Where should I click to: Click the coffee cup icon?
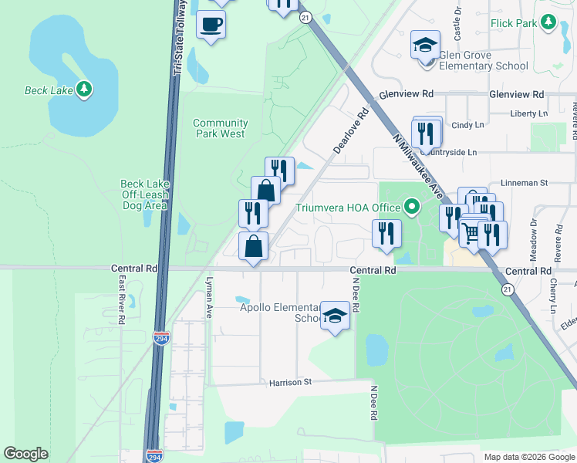[x=211, y=25]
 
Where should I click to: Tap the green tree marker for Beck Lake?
[x=84, y=90]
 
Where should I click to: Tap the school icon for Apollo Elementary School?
[x=335, y=316]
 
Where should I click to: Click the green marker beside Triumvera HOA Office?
[x=412, y=207]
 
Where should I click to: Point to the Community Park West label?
[x=220, y=128]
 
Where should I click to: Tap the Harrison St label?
[x=289, y=382]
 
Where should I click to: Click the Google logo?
[x=25, y=454]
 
